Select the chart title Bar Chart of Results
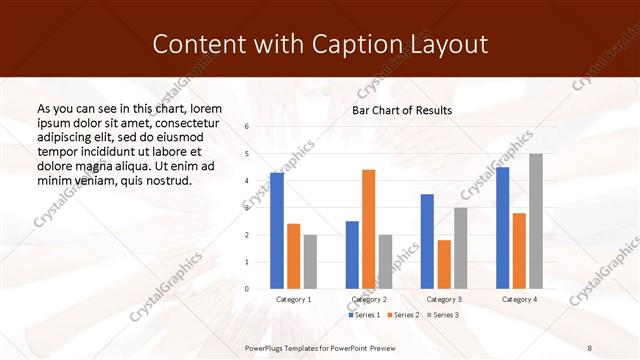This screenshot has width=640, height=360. (402, 110)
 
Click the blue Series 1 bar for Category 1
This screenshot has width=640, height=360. (277, 231)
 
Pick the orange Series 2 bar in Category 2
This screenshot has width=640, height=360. (369, 229)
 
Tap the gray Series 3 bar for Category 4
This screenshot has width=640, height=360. (536, 221)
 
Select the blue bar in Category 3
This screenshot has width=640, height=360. (427, 241)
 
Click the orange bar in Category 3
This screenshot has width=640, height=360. (444, 264)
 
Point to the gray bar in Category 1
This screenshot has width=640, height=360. (310, 262)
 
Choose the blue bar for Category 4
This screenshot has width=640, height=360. (502, 228)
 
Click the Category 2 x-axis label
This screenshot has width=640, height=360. (369, 299)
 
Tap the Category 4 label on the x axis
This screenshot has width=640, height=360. (519, 299)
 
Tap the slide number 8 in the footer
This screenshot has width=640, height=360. (590, 348)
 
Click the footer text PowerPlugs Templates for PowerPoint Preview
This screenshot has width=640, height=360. (320, 348)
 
